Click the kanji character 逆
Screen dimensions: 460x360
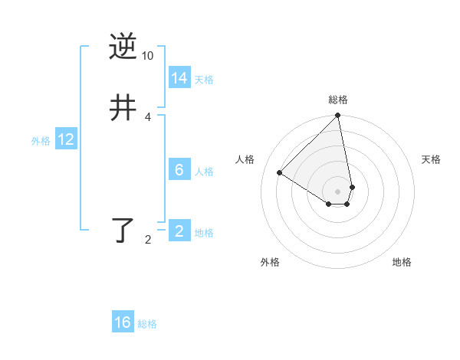pos(123,47)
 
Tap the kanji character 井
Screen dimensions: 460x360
pos(123,109)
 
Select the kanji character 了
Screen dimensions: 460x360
pos(123,230)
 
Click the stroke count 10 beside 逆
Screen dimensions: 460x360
pos(147,55)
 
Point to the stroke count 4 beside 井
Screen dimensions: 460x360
pos(147,116)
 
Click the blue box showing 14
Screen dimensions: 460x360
pos(179,78)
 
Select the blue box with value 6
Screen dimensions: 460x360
pos(179,170)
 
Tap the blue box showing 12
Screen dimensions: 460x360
pos(66,139)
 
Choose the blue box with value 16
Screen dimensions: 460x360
pos(123,322)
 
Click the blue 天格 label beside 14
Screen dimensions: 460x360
pos(204,79)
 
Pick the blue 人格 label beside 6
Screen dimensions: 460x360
pos(204,171)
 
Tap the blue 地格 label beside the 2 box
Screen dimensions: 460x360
pos(204,232)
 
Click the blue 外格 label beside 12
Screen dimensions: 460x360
pos(41,140)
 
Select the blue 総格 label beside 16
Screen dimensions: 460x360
pos(147,323)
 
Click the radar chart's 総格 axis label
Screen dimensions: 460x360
pos(338,100)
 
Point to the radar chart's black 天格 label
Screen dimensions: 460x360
pos(431,159)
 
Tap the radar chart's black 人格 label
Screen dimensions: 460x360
pos(245,159)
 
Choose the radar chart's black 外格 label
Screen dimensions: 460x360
pos(270,262)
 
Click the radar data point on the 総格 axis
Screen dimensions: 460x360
pos(338,116)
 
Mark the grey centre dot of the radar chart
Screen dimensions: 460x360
pos(338,191)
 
